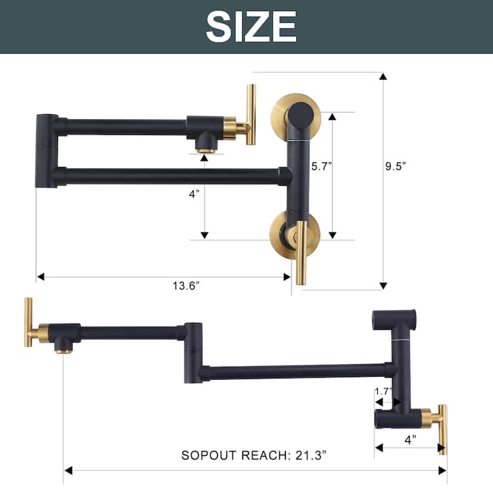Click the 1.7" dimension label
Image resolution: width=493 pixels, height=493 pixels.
click(383, 391)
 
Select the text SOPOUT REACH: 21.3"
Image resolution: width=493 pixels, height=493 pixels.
click(253, 455)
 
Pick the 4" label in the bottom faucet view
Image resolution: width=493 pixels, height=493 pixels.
click(410, 439)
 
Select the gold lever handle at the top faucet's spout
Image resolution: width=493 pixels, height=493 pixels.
click(250, 115)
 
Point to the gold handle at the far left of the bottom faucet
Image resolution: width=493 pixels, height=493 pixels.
click(28, 322)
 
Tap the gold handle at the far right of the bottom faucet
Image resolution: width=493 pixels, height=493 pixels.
click(442, 430)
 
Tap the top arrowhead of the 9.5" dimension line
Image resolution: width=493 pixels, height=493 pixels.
click(383, 76)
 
